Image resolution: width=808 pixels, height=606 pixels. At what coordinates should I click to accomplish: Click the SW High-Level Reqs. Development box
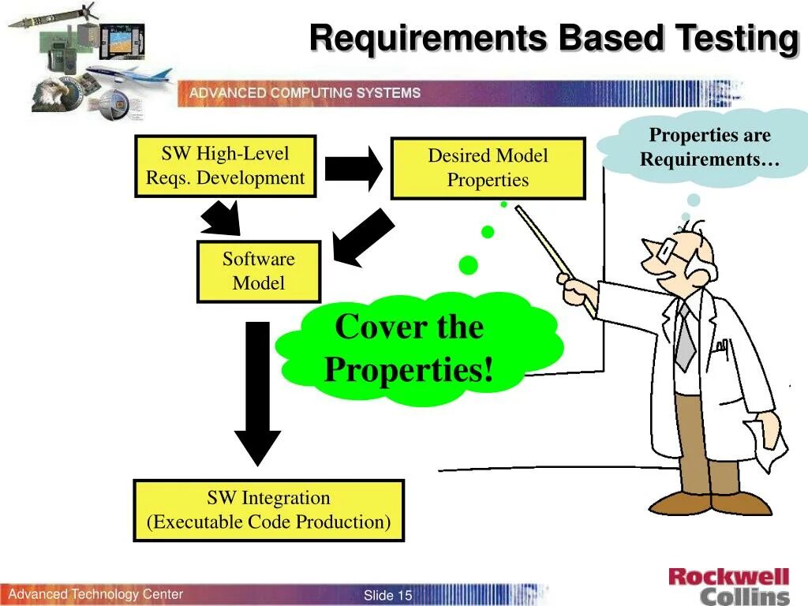pos(225,166)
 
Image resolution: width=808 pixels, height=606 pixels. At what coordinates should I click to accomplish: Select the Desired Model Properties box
pos(488,168)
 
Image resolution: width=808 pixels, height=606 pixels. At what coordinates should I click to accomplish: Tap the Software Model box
pos(258,271)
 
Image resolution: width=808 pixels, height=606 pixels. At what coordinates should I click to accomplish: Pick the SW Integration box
pos(268,510)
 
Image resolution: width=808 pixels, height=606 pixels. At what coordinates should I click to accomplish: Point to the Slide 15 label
pos(387,595)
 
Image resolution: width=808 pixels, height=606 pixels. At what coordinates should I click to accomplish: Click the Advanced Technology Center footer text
pos(95,594)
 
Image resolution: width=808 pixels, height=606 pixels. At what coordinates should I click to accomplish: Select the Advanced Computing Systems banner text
pos(305,93)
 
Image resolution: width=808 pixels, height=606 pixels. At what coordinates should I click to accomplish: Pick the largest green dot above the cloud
pos(469,265)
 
